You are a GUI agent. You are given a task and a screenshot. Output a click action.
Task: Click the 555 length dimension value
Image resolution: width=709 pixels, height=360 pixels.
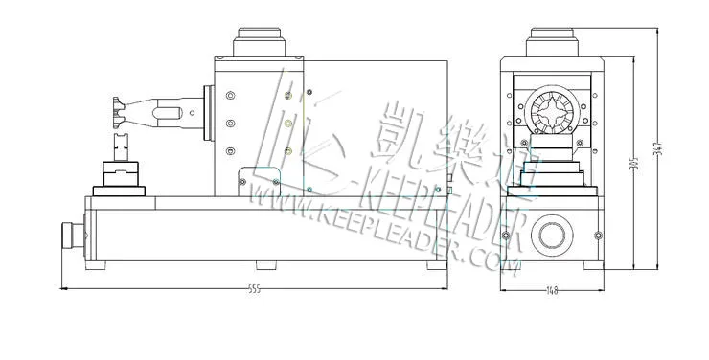(x=253, y=289)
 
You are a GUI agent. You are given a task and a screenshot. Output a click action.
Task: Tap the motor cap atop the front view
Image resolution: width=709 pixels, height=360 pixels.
(x=553, y=43)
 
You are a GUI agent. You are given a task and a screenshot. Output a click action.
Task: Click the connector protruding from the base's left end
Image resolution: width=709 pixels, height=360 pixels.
(x=71, y=236)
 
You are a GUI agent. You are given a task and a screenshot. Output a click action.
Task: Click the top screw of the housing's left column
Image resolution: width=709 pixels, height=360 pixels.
(x=231, y=95)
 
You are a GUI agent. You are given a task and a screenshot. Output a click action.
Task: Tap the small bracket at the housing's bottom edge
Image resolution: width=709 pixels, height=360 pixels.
(x=247, y=181)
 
